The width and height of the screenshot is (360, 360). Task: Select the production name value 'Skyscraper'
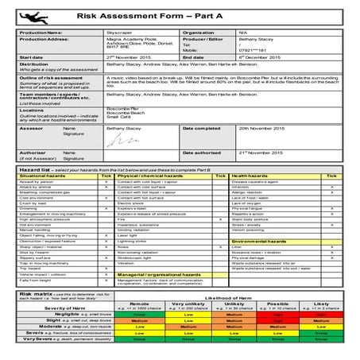pyautogui.click(x=121, y=33)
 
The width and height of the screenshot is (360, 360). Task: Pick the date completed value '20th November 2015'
pyautogui.click(x=261, y=128)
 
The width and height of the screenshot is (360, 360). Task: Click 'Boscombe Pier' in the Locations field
pyautogui.click(x=123, y=108)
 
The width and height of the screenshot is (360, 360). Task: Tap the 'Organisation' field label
pyautogui.click(x=199, y=33)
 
